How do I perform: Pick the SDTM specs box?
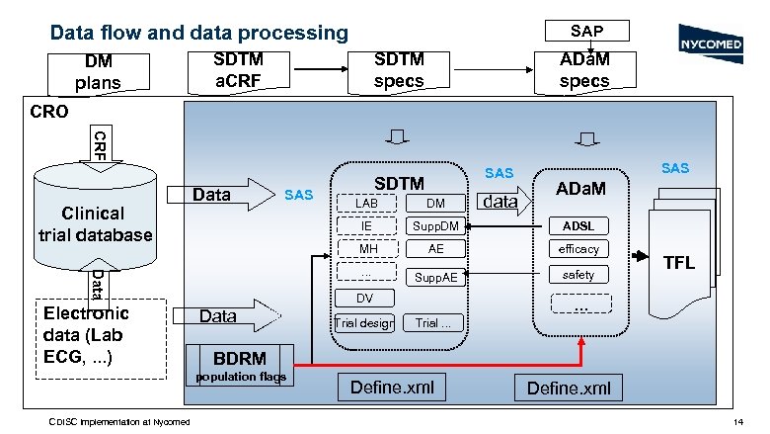[x=399, y=69]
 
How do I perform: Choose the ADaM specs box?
[x=584, y=69]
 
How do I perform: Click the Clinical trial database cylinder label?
[x=95, y=223]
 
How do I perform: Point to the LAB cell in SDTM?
[x=366, y=204]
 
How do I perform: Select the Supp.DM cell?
[x=435, y=226]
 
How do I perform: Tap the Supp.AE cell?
[x=435, y=277]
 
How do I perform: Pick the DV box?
[x=365, y=298]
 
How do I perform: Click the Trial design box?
[x=365, y=322]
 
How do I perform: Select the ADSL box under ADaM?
[x=579, y=225]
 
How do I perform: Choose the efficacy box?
[x=579, y=249]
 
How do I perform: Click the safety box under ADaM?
[x=579, y=274]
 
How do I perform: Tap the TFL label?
[x=679, y=263]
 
